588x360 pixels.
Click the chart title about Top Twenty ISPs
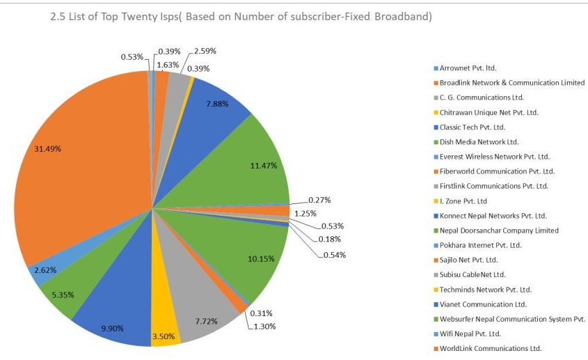[x=241, y=17]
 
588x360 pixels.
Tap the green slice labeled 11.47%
[x=257, y=164]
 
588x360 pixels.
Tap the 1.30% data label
[x=264, y=326]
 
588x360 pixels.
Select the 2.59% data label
[x=205, y=51]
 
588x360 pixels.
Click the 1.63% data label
[x=166, y=65]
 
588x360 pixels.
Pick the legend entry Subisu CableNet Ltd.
[x=472, y=274]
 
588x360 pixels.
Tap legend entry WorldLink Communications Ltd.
[x=490, y=348]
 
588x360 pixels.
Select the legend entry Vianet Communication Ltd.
[x=482, y=304]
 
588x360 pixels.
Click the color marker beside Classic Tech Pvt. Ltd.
[x=436, y=127]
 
